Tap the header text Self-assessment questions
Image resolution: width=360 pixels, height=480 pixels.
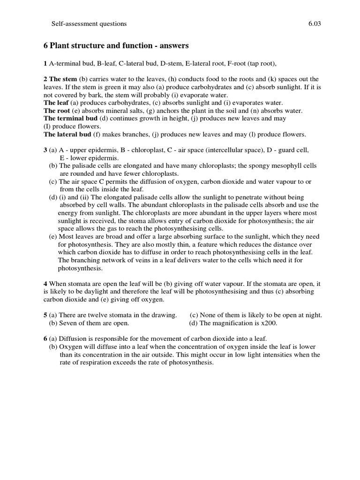(x=88, y=23)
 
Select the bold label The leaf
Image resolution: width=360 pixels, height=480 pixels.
(x=56, y=103)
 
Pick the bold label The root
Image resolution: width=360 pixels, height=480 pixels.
(x=57, y=111)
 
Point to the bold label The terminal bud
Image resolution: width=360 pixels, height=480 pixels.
(x=70, y=119)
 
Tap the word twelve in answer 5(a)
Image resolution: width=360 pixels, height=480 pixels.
(x=104, y=315)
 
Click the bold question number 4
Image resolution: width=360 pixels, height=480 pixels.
(x=45, y=283)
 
